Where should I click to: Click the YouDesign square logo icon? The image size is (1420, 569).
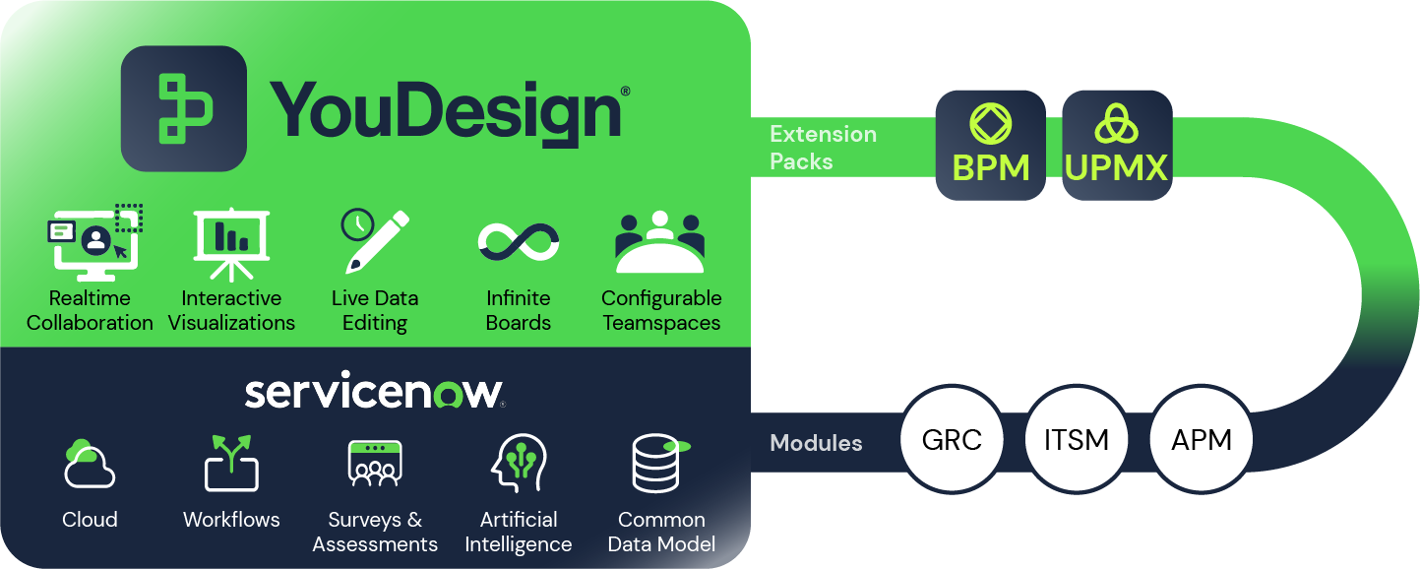point(183,108)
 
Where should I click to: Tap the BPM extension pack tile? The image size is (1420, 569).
point(990,145)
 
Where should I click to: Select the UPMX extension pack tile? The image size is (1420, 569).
point(1117,145)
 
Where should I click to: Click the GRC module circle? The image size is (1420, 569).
point(952,439)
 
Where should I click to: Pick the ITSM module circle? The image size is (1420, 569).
point(1077,439)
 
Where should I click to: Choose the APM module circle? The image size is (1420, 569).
point(1202,439)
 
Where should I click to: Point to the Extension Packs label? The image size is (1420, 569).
point(823,148)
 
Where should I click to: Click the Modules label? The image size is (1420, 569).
point(816,443)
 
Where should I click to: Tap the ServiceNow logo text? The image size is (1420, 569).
point(374,391)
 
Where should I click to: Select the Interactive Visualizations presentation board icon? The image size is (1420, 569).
point(231,242)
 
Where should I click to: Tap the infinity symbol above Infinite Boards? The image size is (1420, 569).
point(519,240)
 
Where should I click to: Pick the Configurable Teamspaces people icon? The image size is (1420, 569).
point(659,242)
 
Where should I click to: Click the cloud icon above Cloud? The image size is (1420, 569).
point(89,464)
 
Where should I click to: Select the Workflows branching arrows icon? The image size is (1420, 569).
point(231,463)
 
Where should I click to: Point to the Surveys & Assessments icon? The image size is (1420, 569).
point(375,464)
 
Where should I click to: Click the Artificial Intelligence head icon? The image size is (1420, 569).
point(518,464)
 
